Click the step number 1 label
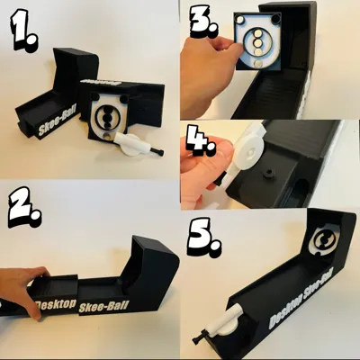click(25, 30)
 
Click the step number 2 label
click(24, 207)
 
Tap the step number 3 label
click(205, 21)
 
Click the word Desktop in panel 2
click(56, 305)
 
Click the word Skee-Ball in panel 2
click(103, 307)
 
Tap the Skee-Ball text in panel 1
click(58, 123)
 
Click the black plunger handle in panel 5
click(201, 338)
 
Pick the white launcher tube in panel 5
click(222, 321)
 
